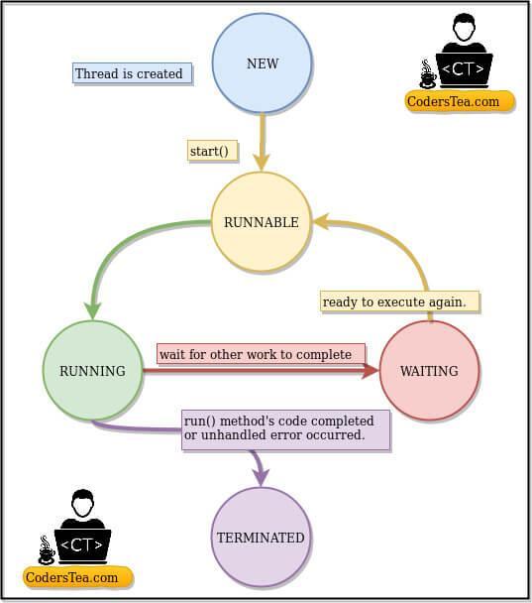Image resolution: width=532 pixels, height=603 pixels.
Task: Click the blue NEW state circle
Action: point(263,63)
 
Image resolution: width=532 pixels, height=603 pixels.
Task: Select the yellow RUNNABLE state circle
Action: point(261,222)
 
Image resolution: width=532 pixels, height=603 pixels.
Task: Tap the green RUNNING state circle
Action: point(92,371)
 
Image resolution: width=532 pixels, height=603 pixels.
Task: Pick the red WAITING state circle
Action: point(429,371)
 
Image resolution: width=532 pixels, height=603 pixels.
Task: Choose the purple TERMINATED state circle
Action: point(261,538)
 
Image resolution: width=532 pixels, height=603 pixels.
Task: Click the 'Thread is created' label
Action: point(129,73)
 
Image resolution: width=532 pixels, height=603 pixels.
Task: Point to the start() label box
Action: point(209,151)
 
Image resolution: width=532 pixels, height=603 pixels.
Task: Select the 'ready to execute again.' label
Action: point(399,301)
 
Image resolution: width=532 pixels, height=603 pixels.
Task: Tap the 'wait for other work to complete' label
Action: point(256,354)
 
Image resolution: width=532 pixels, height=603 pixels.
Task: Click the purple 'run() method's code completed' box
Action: point(284,428)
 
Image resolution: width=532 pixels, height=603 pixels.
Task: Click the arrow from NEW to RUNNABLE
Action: point(264,139)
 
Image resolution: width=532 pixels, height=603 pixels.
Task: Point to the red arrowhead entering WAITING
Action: point(371,371)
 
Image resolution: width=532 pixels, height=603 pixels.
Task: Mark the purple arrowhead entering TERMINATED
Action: point(261,478)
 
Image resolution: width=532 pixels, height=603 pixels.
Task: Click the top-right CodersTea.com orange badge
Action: point(460,100)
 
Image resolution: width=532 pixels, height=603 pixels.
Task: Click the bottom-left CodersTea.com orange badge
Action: point(78,577)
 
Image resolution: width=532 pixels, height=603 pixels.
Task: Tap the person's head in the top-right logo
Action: point(464,28)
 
